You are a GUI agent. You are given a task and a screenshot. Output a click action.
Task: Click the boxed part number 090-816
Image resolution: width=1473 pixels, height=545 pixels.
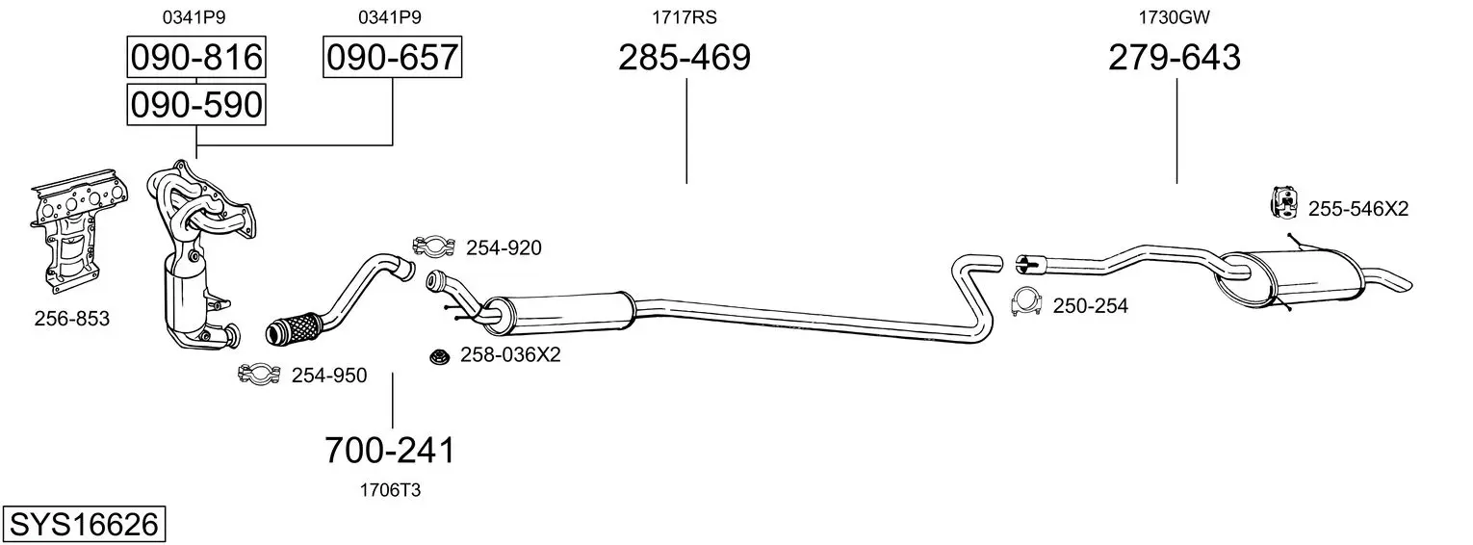click(x=196, y=57)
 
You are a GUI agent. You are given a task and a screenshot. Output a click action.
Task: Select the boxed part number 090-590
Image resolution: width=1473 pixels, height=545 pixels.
click(x=196, y=105)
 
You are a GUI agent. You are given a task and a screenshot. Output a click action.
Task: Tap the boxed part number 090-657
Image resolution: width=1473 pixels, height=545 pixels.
click(x=392, y=57)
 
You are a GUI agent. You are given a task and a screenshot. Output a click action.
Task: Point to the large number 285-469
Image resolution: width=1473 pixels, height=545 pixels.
click(x=684, y=57)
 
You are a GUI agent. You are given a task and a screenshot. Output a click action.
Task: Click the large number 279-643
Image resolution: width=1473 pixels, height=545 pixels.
click(x=1175, y=57)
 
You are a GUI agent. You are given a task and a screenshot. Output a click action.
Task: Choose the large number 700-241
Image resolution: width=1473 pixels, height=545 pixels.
click(x=390, y=451)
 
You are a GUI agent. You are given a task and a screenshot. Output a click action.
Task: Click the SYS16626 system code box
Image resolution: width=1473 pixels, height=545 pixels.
click(x=84, y=525)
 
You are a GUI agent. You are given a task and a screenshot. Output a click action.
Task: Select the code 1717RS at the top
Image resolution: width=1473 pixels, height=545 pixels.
click(x=684, y=17)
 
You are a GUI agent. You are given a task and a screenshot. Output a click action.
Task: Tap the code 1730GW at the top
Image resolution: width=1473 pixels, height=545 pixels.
click(x=1174, y=17)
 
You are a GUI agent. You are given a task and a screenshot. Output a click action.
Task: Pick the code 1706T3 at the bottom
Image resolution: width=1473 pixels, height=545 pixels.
click(x=390, y=490)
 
